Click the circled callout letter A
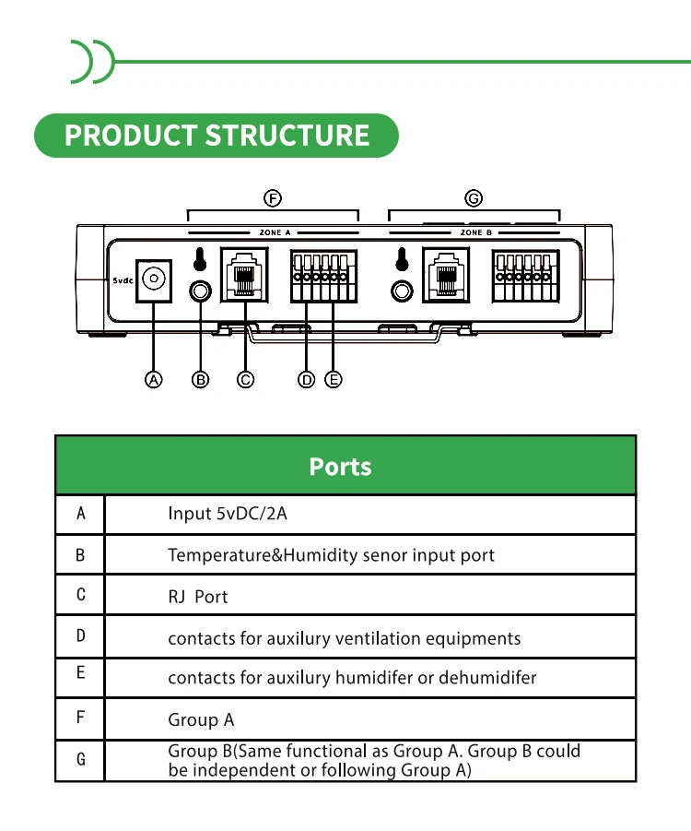(154, 379)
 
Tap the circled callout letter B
(200, 379)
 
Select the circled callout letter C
(245, 379)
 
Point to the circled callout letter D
(306, 379)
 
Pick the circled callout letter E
(333, 379)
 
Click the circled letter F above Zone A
(273, 198)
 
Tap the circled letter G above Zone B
(474, 198)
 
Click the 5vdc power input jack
(154, 281)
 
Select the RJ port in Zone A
(244, 275)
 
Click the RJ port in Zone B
(446, 275)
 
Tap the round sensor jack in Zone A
(200, 291)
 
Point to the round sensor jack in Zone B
(402, 291)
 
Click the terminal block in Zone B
(525, 276)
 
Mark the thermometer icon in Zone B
(402, 259)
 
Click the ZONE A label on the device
(275, 232)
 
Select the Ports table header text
(341, 467)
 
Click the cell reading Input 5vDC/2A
(228, 514)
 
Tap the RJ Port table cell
(198, 597)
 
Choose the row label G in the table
(80, 759)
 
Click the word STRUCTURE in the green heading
(287, 136)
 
